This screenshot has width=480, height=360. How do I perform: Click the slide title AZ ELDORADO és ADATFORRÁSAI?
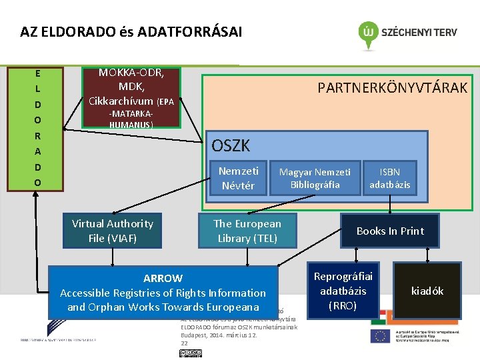click(x=131, y=31)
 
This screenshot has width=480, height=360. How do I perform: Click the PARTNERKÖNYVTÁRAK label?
click(x=392, y=88)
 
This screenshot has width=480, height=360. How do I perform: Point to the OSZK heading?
click(x=231, y=145)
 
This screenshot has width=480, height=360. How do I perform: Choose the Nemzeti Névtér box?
click(x=238, y=178)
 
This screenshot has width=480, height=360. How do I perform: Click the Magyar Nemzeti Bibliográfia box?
click(x=315, y=178)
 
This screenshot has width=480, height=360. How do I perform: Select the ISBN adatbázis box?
click(x=390, y=178)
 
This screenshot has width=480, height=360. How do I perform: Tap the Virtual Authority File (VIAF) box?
click(x=112, y=230)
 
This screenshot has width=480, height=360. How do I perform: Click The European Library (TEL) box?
click(x=247, y=230)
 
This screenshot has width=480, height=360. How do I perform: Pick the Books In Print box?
click(x=390, y=231)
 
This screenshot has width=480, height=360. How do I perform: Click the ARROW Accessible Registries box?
click(x=163, y=292)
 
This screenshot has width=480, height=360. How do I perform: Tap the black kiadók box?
click(x=427, y=291)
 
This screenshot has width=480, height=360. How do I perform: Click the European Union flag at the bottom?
click(x=381, y=336)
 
